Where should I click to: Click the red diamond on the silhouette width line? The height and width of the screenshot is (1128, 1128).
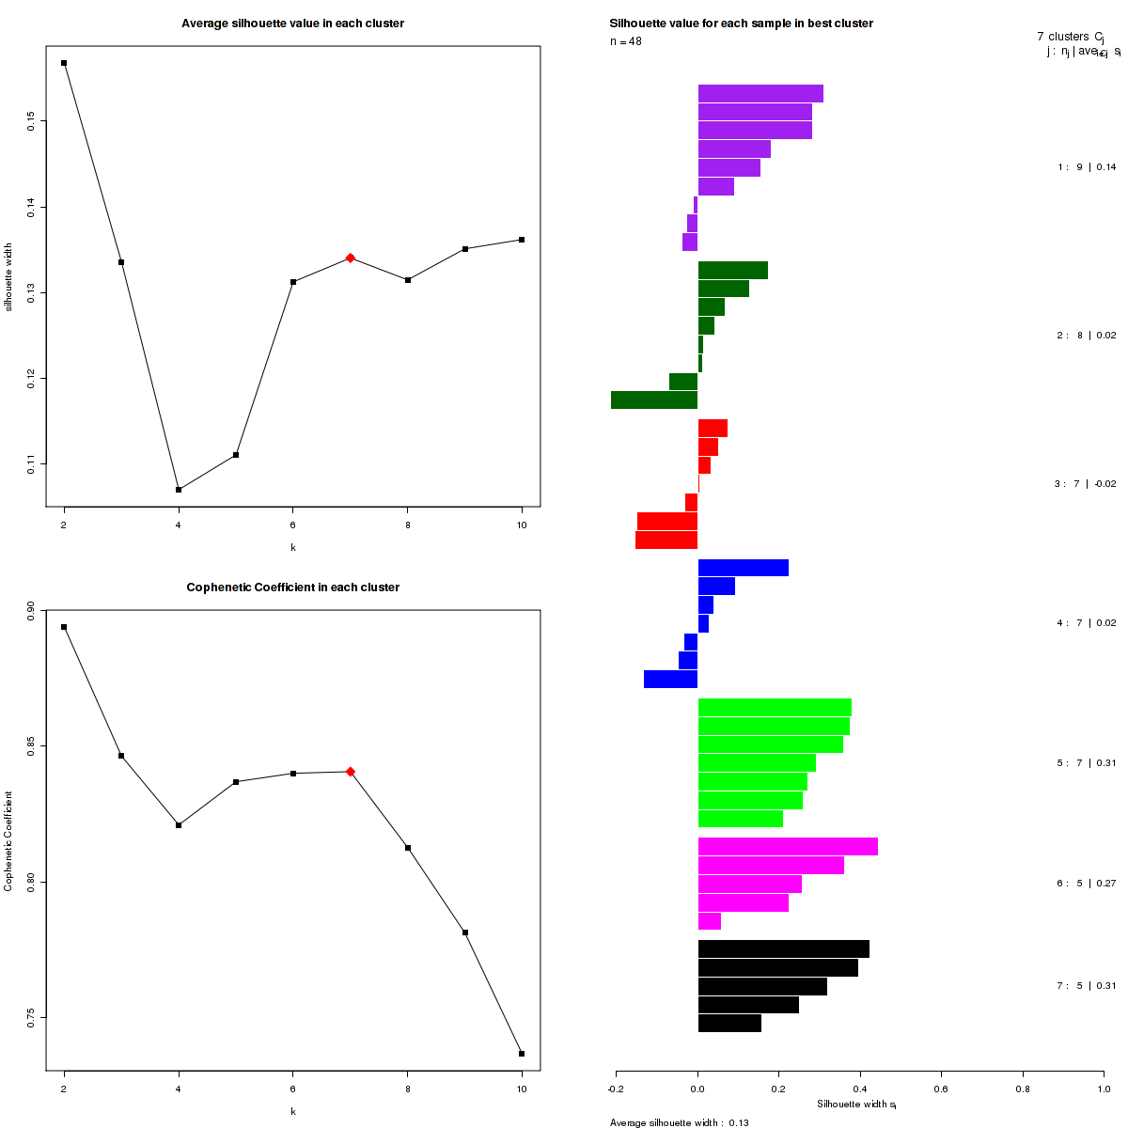tap(350, 258)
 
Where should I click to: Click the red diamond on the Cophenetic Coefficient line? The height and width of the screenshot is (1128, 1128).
tap(350, 772)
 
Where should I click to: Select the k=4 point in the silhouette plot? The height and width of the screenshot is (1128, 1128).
tap(179, 490)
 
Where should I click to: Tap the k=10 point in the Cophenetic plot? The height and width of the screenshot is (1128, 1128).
tap(522, 1054)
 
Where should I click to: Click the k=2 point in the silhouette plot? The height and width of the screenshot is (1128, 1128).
tap(64, 63)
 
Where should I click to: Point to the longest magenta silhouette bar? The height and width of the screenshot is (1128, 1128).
tap(788, 847)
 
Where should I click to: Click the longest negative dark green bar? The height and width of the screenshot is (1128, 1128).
tap(654, 400)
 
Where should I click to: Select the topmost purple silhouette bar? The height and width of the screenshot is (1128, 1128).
tap(760, 94)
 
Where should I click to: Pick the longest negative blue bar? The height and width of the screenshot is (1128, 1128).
tap(670, 680)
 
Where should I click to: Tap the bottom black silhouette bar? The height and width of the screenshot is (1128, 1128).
tap(729, 1024)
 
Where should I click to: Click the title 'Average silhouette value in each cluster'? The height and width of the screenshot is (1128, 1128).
tap(292, 23)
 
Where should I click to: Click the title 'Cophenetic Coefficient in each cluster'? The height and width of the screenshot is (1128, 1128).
tap(292, 587)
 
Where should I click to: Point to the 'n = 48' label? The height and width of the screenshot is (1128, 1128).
tap(626, 41)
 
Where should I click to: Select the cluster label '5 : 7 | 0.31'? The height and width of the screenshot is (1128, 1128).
tap(1087, 763)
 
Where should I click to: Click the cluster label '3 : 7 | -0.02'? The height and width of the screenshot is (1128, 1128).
tap(1085, 484)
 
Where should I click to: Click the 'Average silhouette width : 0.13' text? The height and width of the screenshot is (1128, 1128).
tap(679, 1122)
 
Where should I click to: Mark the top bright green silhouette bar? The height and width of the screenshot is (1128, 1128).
tap(775, 708)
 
